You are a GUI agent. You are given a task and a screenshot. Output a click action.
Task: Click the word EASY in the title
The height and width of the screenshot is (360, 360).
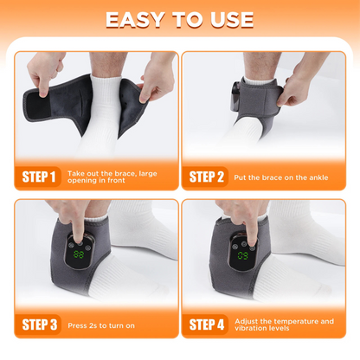point(141,19)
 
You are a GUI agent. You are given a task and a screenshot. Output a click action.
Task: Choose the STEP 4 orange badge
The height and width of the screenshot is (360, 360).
point(208,325)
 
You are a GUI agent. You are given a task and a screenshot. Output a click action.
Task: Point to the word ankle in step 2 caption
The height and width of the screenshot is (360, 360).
point(316,177)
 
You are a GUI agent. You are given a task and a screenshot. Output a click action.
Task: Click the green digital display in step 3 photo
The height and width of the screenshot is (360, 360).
point(79,256)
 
